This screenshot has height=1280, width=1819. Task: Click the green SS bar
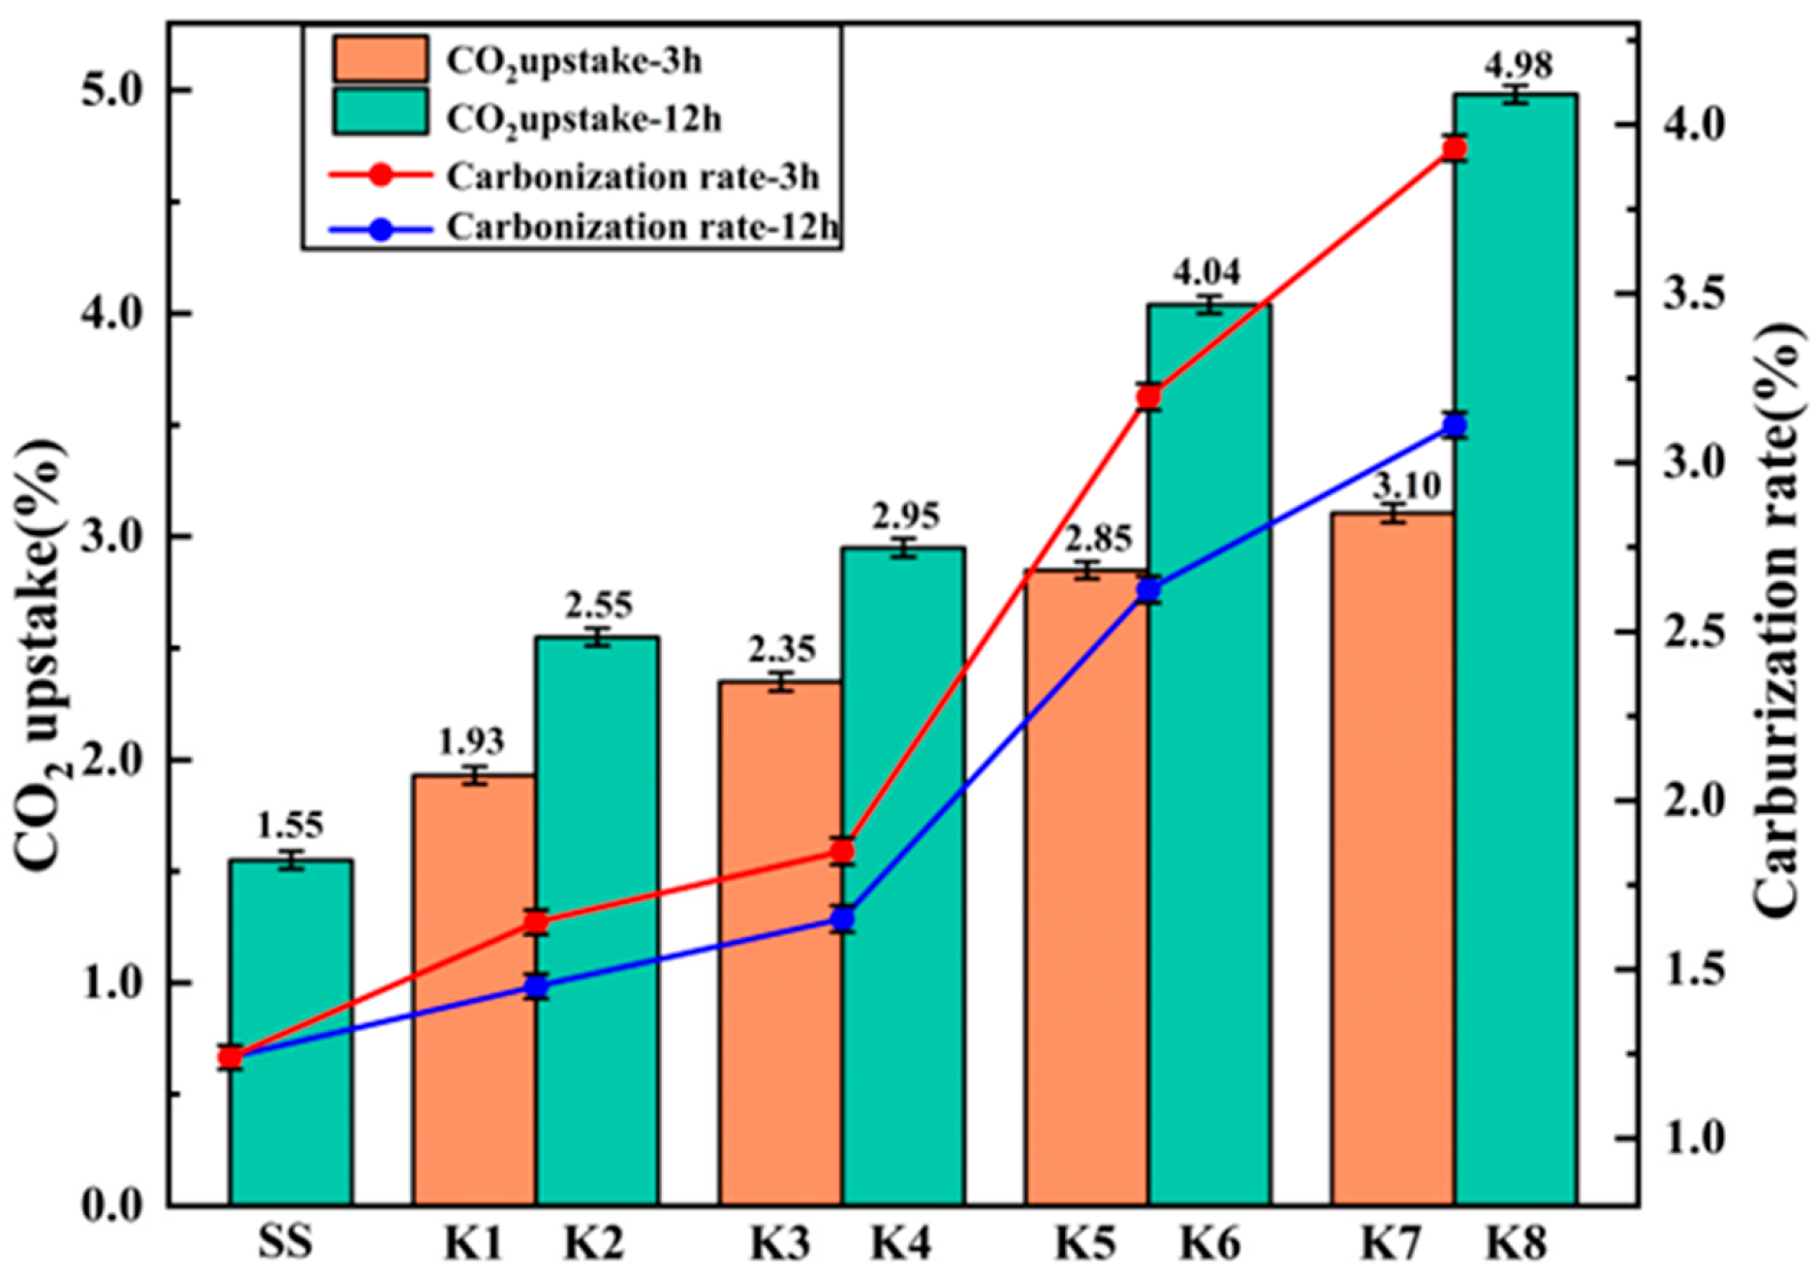[290, 1032]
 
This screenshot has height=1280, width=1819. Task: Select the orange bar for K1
[474, 989]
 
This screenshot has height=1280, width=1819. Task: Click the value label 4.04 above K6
[1207, 271]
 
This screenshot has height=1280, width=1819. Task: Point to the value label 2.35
[781, 648]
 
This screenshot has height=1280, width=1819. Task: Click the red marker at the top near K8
[1454, 149]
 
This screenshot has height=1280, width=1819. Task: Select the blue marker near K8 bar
[1454, 425]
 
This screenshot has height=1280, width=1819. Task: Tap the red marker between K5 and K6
[1149, 396]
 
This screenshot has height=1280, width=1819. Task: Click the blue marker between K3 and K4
[843, 919]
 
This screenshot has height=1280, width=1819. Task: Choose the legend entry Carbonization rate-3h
[632, 176]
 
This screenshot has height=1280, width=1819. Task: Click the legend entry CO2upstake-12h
[582, 119]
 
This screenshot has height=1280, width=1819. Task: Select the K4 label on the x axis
[900, 1243]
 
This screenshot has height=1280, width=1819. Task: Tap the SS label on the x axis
[287, 1243]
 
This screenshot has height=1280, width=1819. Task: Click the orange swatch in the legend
[380, 60]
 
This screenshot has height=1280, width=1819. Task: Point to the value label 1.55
[290, 826]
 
